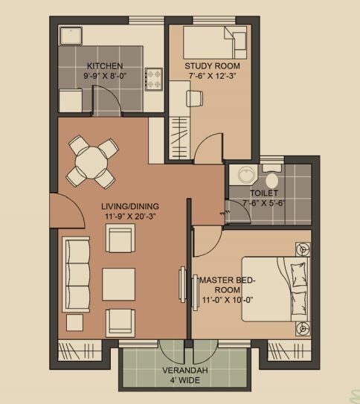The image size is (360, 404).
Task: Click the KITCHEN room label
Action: tap(103, 65)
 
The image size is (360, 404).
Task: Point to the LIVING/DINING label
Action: tap(131, 206)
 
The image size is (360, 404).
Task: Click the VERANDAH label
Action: tap(186, 370)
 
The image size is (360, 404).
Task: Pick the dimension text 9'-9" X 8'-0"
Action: tap(103, 76)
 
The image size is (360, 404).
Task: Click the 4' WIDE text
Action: tap(186, 380)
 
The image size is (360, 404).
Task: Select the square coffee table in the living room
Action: tap(118, 283)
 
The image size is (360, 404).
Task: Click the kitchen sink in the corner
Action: tap(73, 36)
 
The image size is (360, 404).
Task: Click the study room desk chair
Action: tap(193, 96)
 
